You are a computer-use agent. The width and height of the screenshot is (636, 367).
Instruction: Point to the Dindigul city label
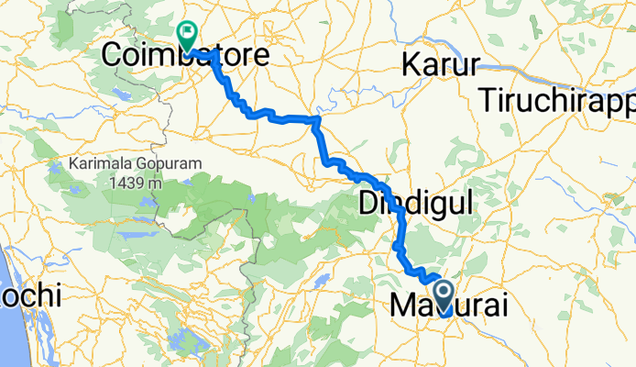(413, 203)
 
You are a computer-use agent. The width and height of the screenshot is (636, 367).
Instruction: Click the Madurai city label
(448, 305)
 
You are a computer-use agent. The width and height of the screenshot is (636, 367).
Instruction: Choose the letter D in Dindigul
(366, 203)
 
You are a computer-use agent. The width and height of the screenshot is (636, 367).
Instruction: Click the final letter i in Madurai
(499, 305)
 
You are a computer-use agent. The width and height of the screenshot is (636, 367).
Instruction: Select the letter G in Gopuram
(142, 165)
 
